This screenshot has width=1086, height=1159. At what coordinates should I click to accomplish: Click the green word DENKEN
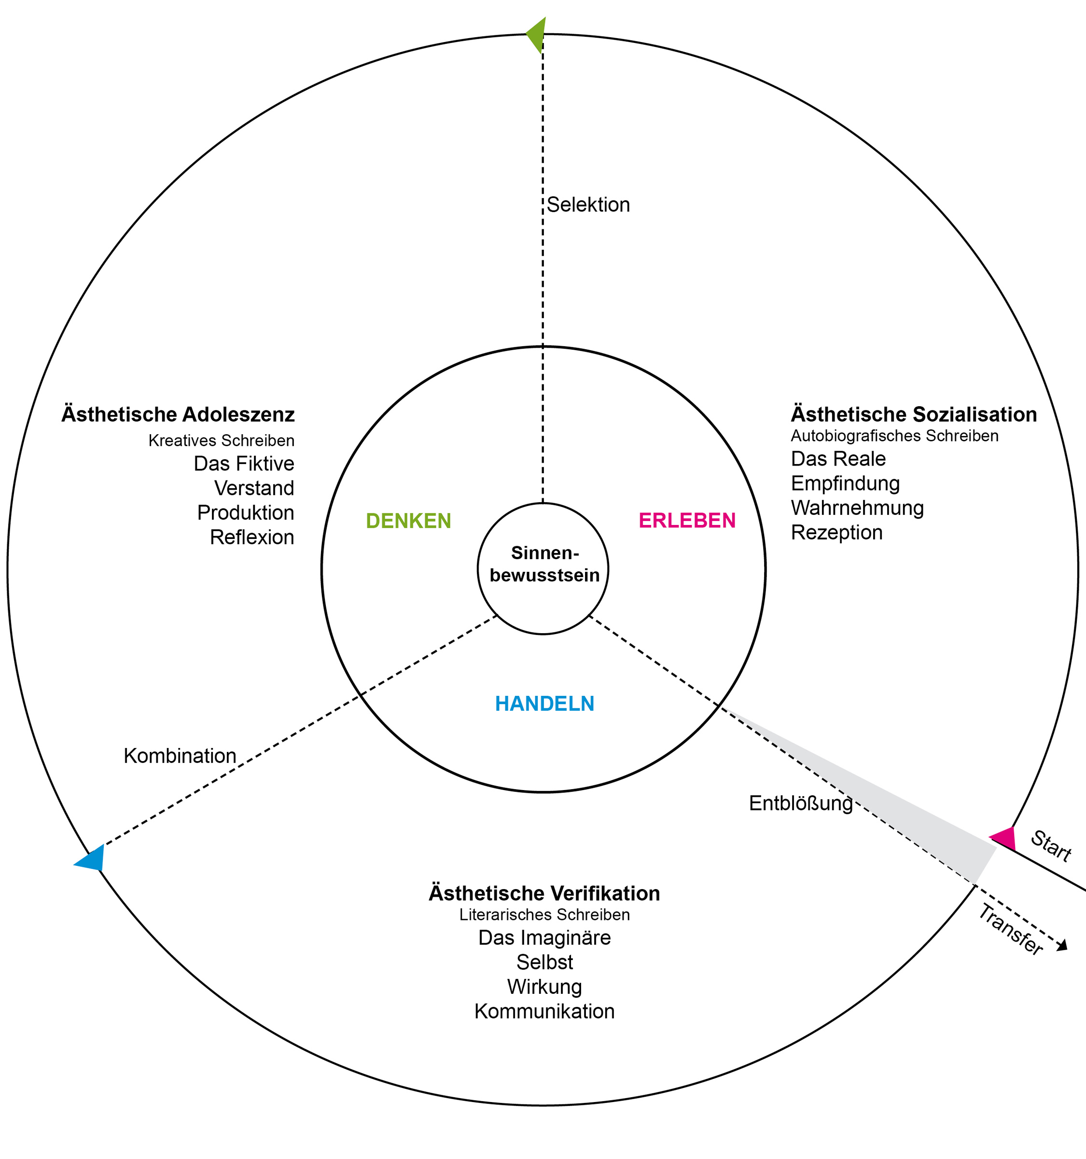click(x=408, y=521)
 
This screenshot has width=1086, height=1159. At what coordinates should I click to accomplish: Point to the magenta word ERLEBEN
click(x=687, y=520)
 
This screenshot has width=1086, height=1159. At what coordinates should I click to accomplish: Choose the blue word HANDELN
click(x=544, y=704)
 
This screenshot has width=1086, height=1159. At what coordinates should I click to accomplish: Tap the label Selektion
click(x=588, y=205)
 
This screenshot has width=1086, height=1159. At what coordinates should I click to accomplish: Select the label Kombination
click(x=180, y=756)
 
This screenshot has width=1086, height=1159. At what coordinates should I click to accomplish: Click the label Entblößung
click(x=801, y=804)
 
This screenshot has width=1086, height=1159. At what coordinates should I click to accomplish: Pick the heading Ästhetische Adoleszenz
click(x=178, y=414)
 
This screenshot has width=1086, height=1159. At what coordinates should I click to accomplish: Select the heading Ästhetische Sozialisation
click(x=914, y=414)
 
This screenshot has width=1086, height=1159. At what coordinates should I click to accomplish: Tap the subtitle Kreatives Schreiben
click(x=222, y=441)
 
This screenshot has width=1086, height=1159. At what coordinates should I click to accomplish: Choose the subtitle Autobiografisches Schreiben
click(x=894, y=436)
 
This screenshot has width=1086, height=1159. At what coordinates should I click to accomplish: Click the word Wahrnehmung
click(x=857, y=508)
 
